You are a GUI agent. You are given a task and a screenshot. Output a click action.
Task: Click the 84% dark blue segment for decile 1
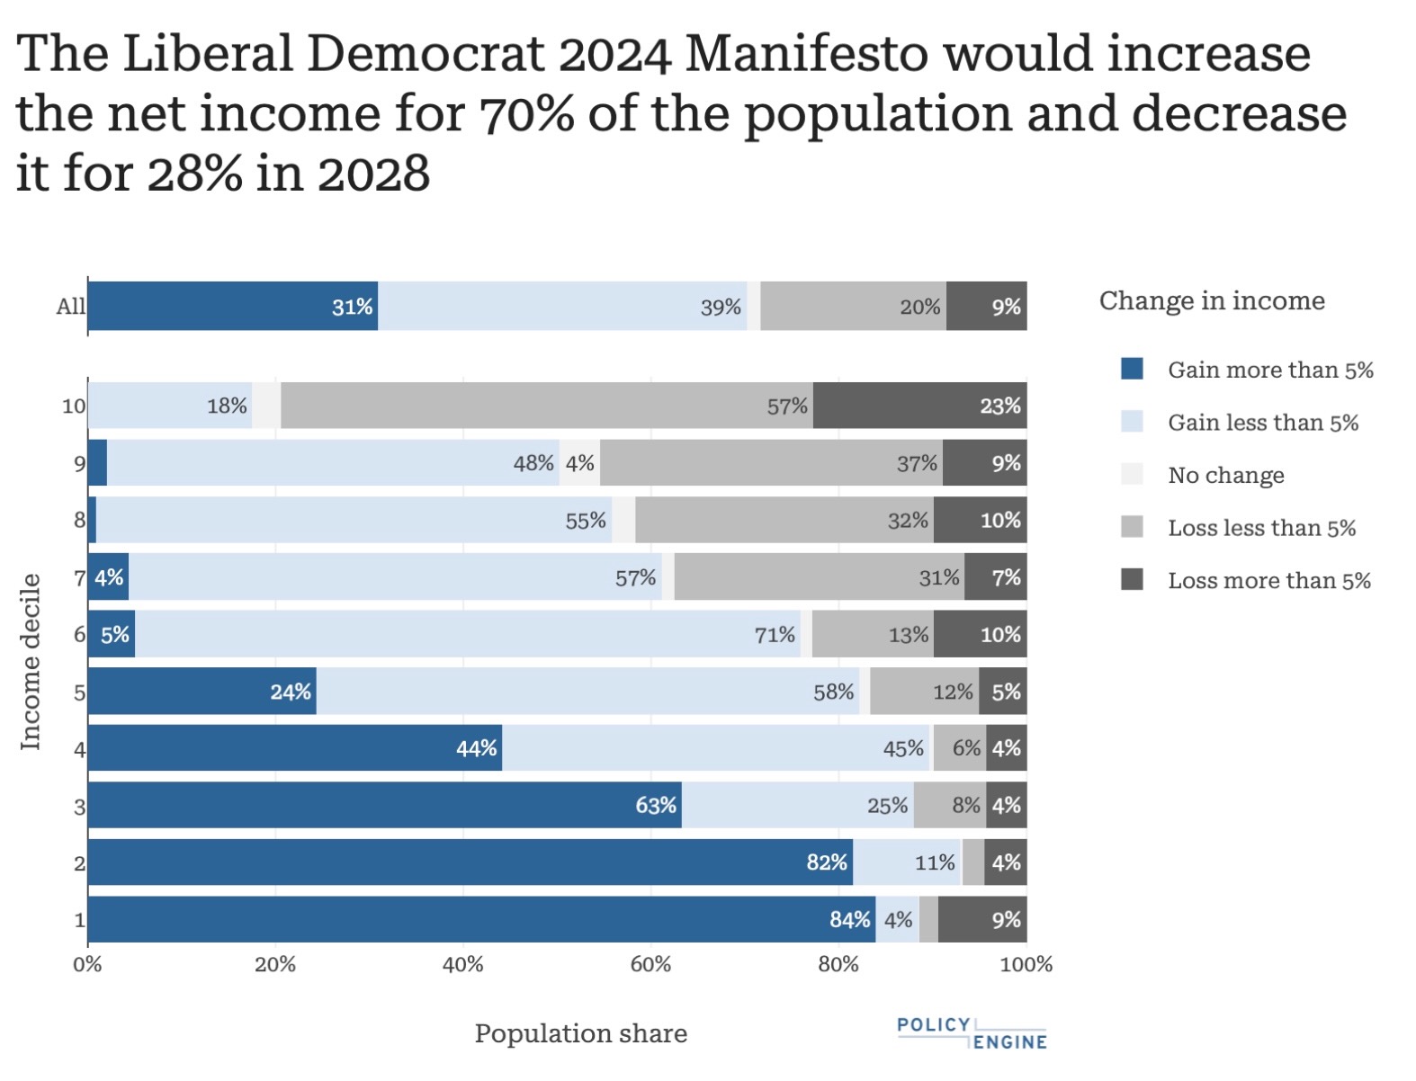(x=481, y=919)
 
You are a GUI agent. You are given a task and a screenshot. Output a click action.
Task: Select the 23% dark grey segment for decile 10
(x=919, y=406)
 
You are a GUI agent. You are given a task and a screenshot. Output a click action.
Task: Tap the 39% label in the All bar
(x=721, y=308)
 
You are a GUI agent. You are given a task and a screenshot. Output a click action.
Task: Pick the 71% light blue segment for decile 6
(x=468, y=634)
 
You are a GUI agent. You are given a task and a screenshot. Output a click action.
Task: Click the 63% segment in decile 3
(x=384, y=805)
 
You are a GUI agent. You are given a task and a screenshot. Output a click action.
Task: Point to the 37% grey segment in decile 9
(x=771, y=463)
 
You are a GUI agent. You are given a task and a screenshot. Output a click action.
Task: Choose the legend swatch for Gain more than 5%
(x=1132, y=370)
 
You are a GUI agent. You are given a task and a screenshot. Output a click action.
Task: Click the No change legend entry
(x=1225, y=475)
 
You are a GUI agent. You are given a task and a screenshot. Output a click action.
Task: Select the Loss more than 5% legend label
(x=1268, y=581)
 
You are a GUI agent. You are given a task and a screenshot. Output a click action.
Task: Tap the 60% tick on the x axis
(x=650, y=965)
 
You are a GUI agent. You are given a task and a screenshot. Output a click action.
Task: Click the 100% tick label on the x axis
(x=1026, y=965)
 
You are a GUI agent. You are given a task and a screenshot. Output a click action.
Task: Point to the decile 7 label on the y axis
(x=79, y=577)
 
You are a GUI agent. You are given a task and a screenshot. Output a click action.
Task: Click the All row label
(x=70, y=307)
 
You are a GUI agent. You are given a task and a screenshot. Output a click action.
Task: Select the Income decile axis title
(x=31, y=661)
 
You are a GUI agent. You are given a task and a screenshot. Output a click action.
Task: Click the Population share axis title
(x=580, y=1033)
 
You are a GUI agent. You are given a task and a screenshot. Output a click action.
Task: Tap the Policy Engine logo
(x=972, y=1033)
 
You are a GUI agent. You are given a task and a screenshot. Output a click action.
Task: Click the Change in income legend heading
(x=1211, y=300)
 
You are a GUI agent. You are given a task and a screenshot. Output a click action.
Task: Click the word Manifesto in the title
(x=805, y=54)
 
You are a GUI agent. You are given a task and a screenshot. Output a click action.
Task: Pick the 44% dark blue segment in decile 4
(x=294, y=748)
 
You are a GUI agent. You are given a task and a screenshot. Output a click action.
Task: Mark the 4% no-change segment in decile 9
(x=579, y=463)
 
